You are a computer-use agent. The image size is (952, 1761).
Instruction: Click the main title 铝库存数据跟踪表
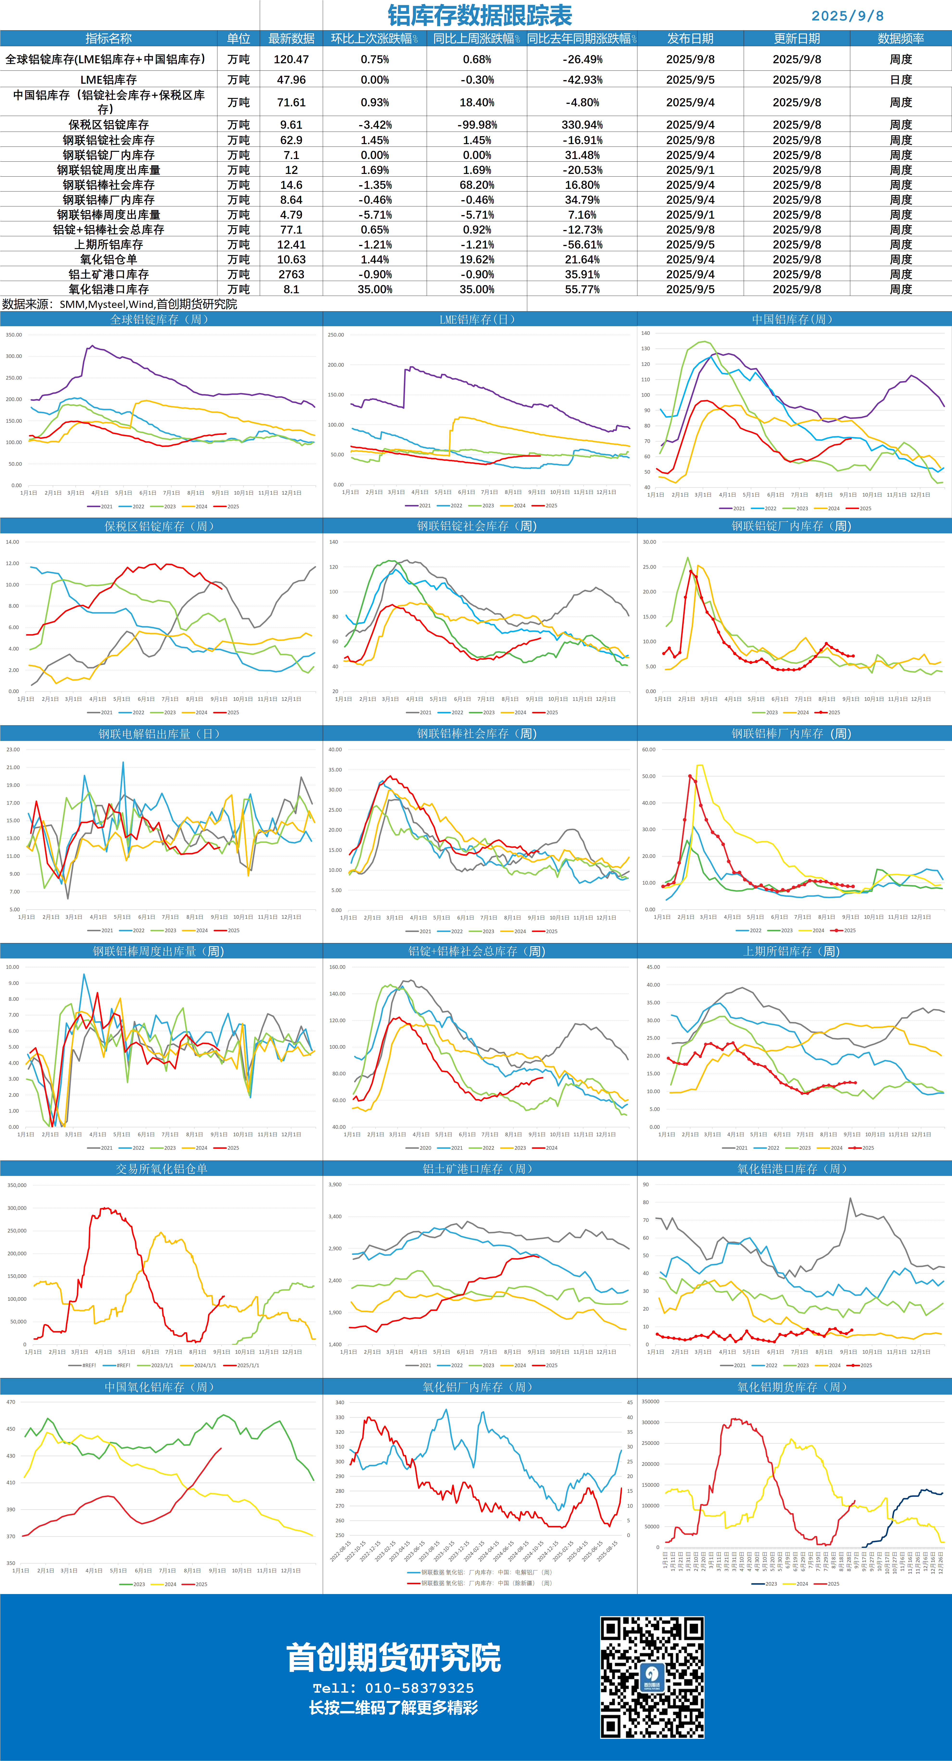[480, 15]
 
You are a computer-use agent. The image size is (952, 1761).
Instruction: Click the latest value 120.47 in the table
[291, 59]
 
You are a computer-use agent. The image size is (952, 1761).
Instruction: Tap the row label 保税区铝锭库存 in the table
[109, 124]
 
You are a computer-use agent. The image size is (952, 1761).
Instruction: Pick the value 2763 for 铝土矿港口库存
[291, 274]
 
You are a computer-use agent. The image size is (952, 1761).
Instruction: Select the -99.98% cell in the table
[477, 124]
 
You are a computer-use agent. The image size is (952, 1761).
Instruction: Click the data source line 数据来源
[120, 304]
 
